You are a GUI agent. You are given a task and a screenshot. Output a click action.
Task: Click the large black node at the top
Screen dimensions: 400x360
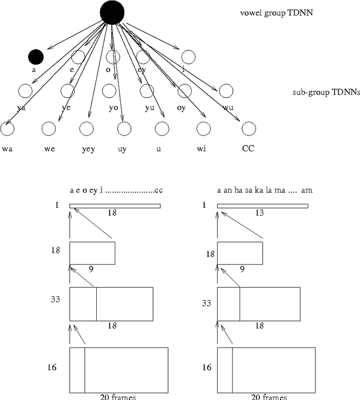point(112,13)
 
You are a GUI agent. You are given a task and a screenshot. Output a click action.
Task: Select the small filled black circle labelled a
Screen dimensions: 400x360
point(36,56)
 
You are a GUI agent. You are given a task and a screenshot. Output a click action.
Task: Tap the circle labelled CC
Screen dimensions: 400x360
point(249,129)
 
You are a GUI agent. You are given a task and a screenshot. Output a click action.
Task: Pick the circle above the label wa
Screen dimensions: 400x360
point(7,129)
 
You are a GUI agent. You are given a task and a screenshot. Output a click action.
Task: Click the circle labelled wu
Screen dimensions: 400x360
point(226,91)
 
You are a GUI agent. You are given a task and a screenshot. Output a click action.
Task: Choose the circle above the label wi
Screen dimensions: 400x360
point(201,129)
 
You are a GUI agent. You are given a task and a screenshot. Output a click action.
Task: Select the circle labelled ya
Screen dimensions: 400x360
point(24,91)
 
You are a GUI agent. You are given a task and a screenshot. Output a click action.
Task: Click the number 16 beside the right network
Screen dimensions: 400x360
point(207,367)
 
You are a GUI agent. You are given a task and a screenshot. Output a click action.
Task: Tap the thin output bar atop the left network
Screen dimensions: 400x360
point(115,206)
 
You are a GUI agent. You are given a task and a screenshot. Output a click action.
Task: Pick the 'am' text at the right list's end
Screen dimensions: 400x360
point(307,190)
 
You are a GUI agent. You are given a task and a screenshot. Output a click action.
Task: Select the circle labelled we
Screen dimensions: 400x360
point(49,129)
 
